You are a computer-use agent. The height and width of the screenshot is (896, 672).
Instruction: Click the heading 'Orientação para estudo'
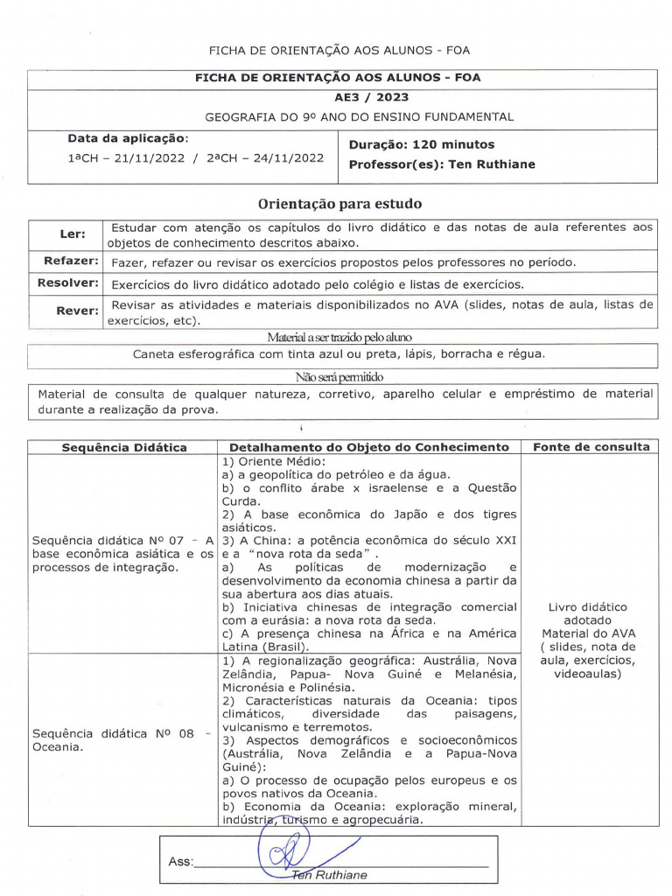coord(339,204)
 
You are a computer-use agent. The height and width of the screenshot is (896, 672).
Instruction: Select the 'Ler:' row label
coord(73,234)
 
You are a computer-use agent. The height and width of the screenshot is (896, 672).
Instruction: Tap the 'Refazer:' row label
coord(71,262)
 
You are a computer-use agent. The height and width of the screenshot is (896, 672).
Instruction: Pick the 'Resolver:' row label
coord(68,283)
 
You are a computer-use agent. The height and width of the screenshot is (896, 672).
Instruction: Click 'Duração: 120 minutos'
coord(421,144)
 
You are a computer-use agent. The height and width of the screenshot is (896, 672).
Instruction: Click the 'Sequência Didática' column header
coord(123,447)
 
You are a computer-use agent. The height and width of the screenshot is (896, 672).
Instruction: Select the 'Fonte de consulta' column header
coord(591,447)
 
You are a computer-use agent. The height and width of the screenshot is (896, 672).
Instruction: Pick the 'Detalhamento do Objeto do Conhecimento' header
coord(368,447)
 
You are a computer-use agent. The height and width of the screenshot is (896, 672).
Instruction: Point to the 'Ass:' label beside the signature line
coord(180,862)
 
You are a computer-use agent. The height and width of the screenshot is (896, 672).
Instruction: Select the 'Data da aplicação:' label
coord(129,139)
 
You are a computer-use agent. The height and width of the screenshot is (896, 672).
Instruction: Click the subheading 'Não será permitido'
coord(339,377)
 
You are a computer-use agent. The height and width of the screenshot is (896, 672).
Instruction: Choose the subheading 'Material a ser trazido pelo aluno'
coord(339,337)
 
